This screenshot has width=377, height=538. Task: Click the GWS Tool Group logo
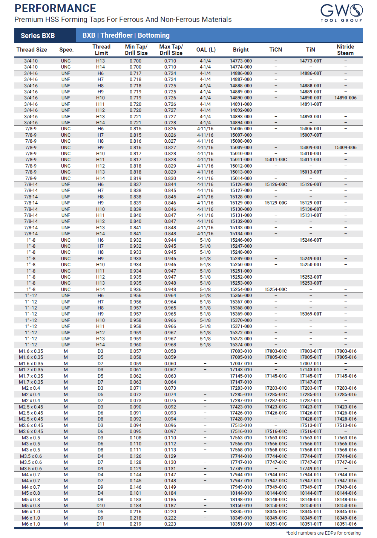pyautogui.click(x=341, y=13)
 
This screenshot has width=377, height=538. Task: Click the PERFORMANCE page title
pyautogui.click(x=55, y=8)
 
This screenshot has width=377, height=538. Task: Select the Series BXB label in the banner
pyautogui.click(x=38, y=36)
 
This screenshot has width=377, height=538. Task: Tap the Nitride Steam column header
pyautogui.click(x=345, y=50)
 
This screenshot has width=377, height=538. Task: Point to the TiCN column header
pyautogui.click(x=276, y=50)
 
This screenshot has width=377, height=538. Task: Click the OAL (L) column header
pyautogui.click(x=206, y=50)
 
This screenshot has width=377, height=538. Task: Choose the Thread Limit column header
pyautogui.click(x=101, y=50)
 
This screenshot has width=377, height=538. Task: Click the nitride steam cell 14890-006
pyautogui.click(x=345, y=98)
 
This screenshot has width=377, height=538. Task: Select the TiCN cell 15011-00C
pyautogui.click(x=276, y=160)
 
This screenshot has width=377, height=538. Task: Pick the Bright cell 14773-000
pyautogui.click(x=241, y=61)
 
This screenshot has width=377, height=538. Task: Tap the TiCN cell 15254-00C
pyautogui.click(x=276, y=290)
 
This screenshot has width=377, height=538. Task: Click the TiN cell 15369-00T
pyautogui.click(x=311, y=314)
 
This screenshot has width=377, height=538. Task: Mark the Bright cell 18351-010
pyautogui.click(x=241, y=524)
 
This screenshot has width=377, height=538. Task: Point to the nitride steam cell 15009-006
pyautogui.click(x=345, y=148)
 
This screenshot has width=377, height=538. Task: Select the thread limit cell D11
pyautogui.click(x=100, y=524)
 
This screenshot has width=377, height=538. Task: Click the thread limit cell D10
pyautogui.click(x=100, y=506)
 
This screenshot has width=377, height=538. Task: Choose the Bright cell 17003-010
pyautogui.click(x=241, y=351)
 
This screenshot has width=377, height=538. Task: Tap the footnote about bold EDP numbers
pyautogui.click(x=323, y=533)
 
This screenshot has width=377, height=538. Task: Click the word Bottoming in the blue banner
pyautogui.click(x=153, y=35)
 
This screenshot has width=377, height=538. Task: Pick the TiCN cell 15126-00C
pyautogui.click(x=276, y=184)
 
